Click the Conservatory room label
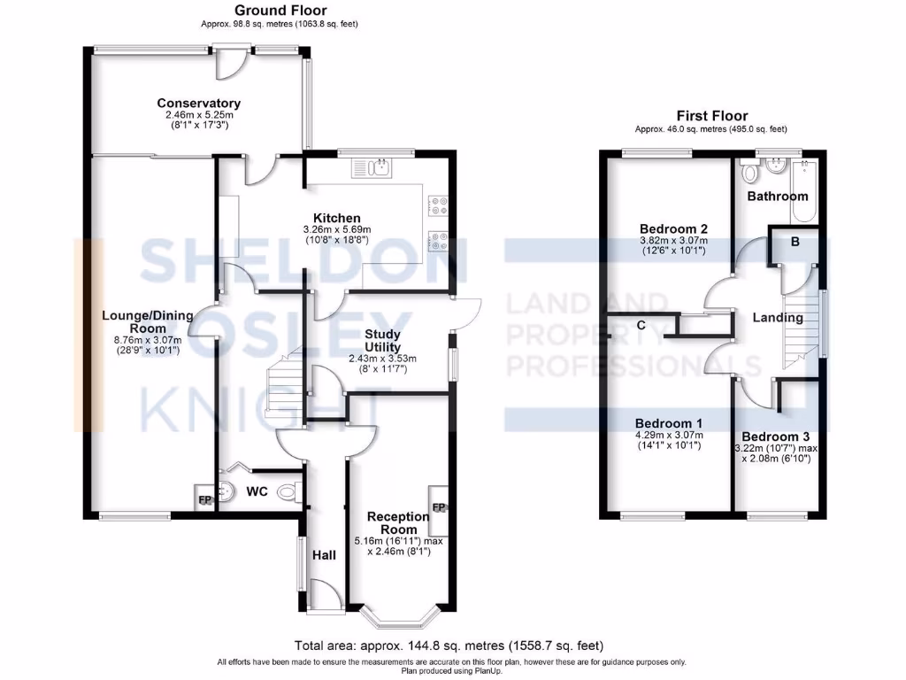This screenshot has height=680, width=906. pyautogui.click(x=198, y=104)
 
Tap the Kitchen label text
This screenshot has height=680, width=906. pyautogui.click(x=335, y=218)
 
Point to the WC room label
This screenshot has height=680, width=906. pyautogui.click(x=257, y=491)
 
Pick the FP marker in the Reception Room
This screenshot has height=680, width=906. pyautogui.click(x=438, y=507)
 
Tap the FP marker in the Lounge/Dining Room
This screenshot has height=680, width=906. pyautogui.click(x=203, y=500)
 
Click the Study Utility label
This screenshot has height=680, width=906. pyautogui.click(x=382, y=340)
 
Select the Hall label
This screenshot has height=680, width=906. pyautogui.click(x=324, y=555)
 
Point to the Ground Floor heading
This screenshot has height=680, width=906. pyautogui.click(x=269, y=11)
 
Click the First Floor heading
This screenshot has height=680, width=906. pyautogui.click(x=711, y=116)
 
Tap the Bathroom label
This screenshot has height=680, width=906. pyautogui.click(x=777, y=196)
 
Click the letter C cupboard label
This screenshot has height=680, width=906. pyautogui.click(x=641, y=325)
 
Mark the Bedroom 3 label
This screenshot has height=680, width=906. pyautogui.click(x=775, y=437)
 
